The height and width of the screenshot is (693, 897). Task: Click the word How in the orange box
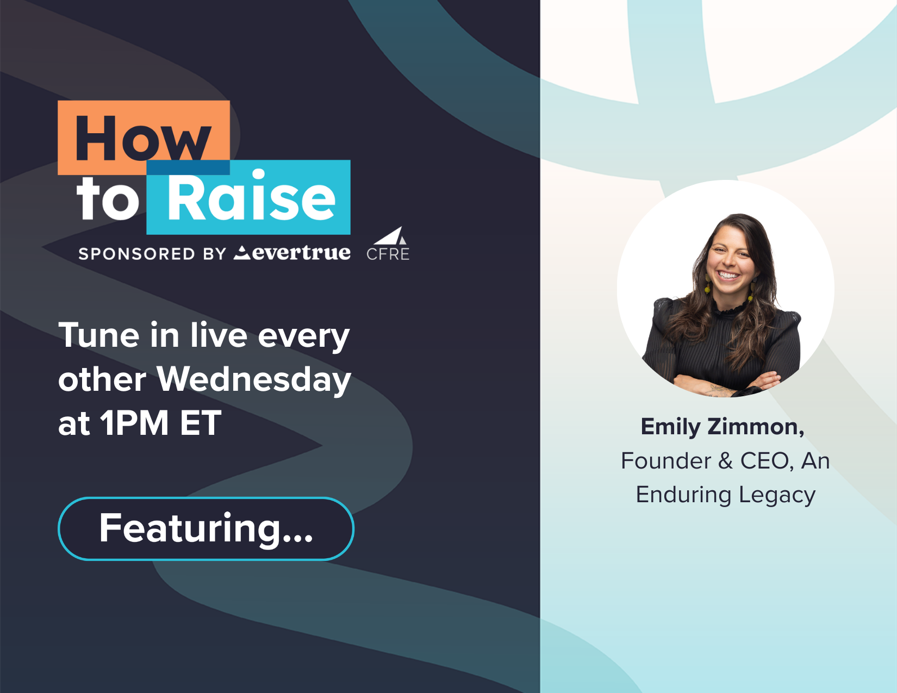pos(143,138)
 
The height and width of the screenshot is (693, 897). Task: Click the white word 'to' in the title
pos(108,199)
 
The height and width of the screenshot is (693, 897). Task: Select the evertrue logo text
pos(292,253)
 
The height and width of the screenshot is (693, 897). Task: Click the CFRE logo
pos(388,245)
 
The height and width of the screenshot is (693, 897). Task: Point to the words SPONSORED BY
pos(152,254)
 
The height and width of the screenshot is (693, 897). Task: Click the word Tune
pos(98,335)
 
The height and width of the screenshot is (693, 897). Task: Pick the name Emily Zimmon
pos(722,427)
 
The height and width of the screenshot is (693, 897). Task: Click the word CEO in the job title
pos(767,461)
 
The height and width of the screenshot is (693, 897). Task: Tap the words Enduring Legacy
pos(726,495)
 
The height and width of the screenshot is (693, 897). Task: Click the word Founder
pos(666,461)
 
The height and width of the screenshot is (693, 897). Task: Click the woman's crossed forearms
pos(726,383)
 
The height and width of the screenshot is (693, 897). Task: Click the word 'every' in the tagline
pos(304,338)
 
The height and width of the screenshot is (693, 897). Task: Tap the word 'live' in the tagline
pos(219,335)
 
